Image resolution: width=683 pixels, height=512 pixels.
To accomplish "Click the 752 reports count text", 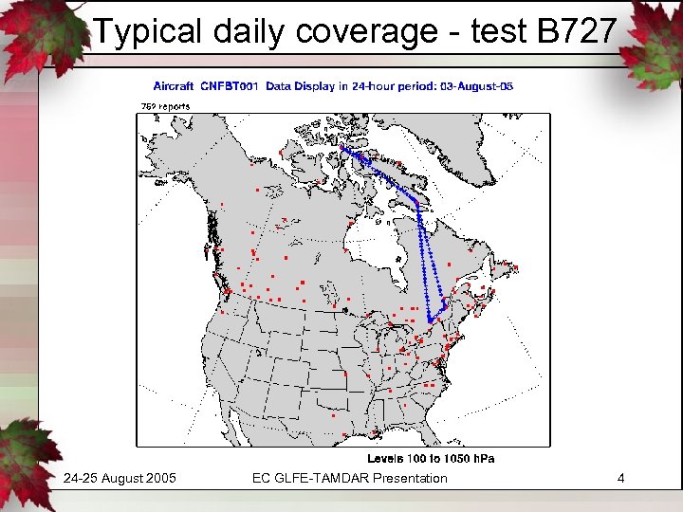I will pyautogui.click(x=165, y=106).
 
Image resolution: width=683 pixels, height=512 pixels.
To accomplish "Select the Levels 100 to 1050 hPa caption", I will pyautogui.click(x=431, y=458).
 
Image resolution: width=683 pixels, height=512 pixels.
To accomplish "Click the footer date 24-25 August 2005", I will pyautogui.click(x=120, y=478).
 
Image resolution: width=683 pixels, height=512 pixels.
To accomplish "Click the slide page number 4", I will pyautogui.click(x=620, y=478).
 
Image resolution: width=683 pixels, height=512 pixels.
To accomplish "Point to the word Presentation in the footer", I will pyautogui.click(x=410, y=478).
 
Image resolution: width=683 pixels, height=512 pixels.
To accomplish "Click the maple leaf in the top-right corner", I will pyautogui.click(x=655, y=33).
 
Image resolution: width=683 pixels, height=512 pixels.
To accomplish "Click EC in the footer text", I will pyautogui.click(x=262, y=478).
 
